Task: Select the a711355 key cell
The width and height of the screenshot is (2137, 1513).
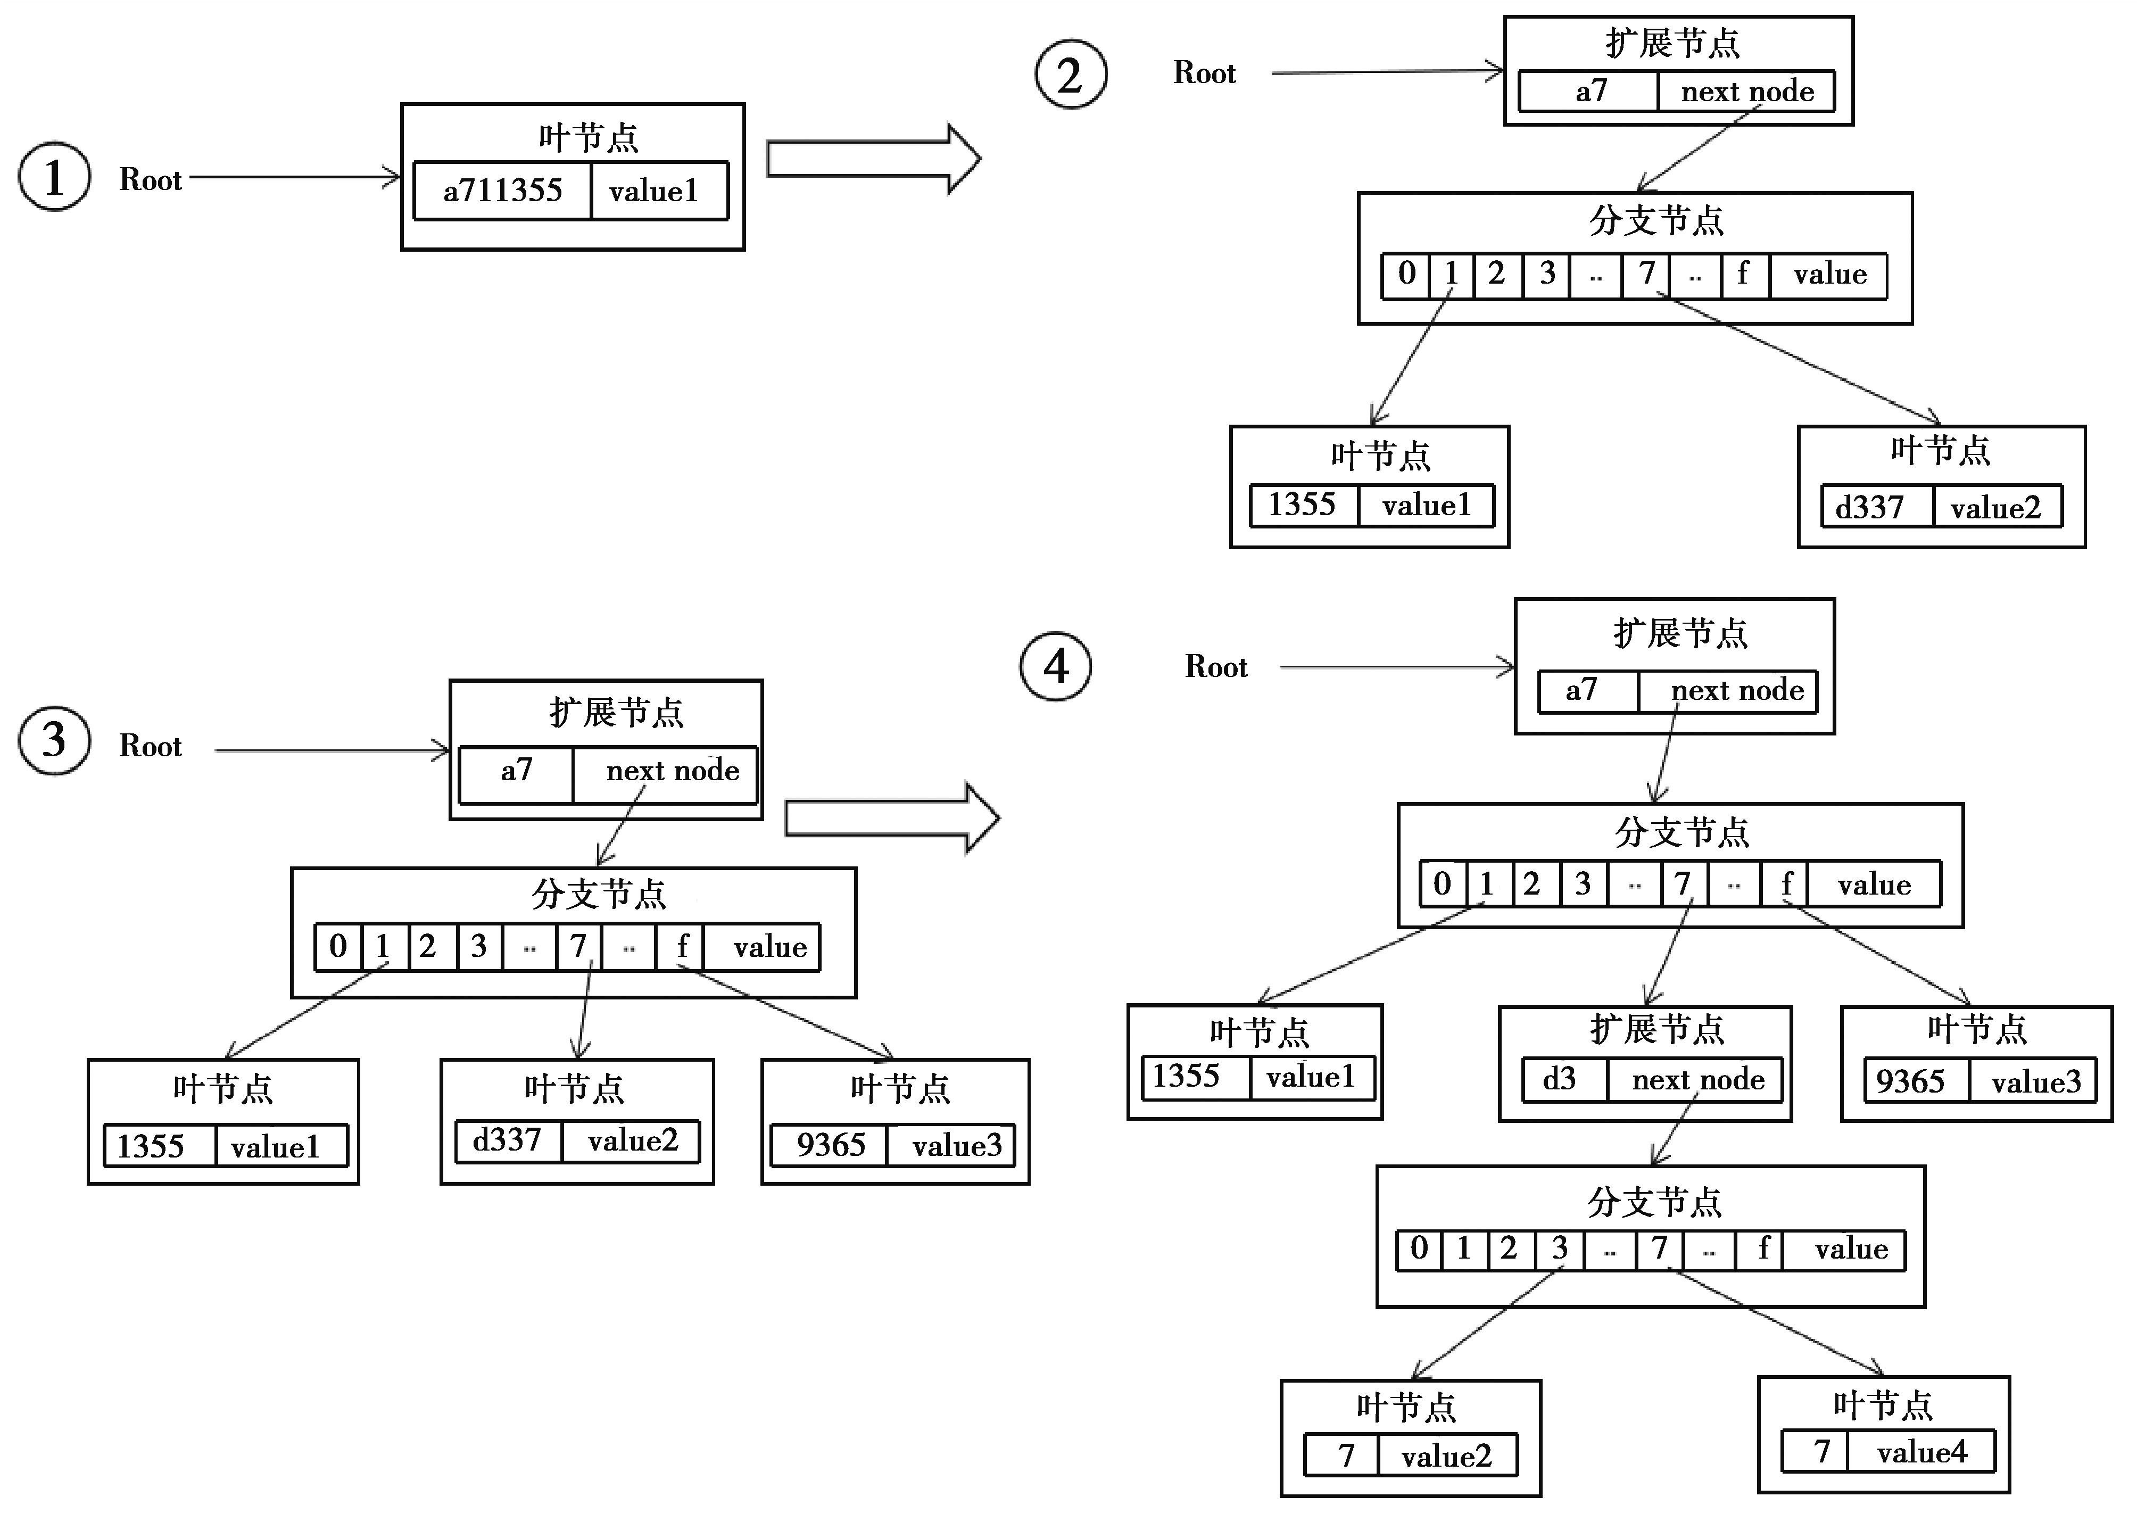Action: point(502,191)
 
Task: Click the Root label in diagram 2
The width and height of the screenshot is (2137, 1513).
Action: point(1204,73)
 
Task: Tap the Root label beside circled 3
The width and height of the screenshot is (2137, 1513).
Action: point(150,746)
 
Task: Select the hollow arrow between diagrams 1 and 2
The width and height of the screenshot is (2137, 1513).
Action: point(873,159)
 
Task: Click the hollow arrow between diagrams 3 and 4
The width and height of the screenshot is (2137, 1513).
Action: point(891,818)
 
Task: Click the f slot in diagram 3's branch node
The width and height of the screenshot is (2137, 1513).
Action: point(681,947)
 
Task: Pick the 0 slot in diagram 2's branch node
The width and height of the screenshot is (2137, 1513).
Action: point(1406,274)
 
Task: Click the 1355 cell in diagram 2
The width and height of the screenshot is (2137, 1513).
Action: point(1302,505)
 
